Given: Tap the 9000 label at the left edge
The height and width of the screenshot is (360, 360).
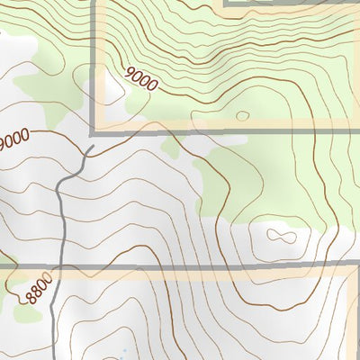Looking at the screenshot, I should (x=14, y=139).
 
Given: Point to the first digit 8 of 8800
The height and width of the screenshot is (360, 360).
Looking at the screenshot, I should (x=31, y=301).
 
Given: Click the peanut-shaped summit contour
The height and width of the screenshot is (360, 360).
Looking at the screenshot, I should (x=281, y=237).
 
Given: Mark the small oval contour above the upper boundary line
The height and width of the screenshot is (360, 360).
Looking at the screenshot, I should (x=241, y=115).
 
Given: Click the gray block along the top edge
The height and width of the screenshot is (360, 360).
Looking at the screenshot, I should (x=288, y=3).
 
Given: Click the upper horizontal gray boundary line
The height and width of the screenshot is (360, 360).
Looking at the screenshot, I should (x=225, y=131).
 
